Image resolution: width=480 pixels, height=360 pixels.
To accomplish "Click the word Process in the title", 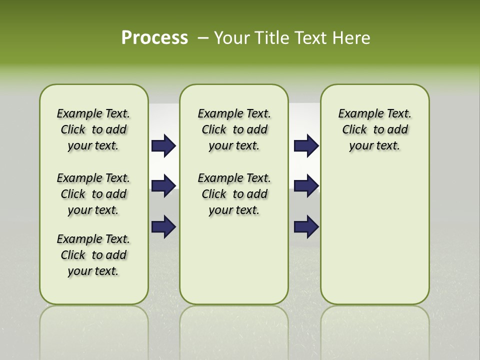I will tap(154, 38).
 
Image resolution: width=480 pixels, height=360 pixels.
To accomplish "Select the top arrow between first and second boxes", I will tap(163, 146).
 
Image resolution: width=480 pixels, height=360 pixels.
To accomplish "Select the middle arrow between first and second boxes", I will tap(163, 186).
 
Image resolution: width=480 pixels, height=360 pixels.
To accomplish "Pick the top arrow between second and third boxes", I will tap(306, 146).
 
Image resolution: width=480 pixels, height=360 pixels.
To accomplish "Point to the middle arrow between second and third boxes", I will tap(306, 186).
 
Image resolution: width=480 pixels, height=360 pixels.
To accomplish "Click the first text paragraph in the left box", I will tap(93, 129).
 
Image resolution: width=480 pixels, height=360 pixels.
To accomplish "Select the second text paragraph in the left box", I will tap(93, 194).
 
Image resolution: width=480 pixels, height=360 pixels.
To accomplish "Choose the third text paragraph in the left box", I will tap(93, 255).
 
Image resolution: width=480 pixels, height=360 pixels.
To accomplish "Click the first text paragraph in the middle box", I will tap(234, 129).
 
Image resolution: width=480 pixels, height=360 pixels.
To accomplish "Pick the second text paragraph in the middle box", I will tap(234, 194).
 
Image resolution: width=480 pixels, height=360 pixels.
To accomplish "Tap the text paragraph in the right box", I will tap(374, 129).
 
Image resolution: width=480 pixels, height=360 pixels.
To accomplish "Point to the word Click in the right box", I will tap(354, 130).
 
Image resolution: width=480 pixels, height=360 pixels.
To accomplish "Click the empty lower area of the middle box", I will tap(234, 260).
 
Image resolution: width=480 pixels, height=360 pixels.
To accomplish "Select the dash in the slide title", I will tap(203, 38).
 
